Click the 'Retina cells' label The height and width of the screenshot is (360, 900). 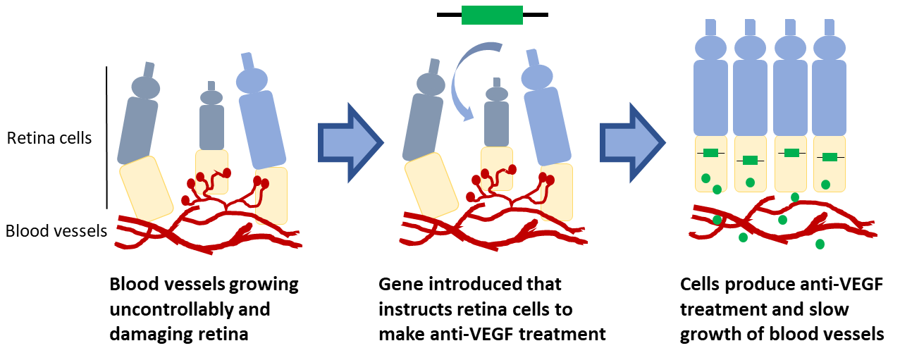pyautogui.click(x=49, y=138)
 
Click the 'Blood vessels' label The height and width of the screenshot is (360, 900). pyautogui.click(x=56, y=231)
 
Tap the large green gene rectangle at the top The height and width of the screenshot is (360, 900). pyautogui.click(x=492, y=15)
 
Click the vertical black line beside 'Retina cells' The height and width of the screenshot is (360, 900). pyautogui.click(x=106, y=138)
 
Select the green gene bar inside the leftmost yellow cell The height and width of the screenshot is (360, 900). pyautogui.click(x=710, y=153)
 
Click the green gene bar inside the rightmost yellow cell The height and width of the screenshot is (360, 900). pyautogui.click(x=830, y=156)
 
